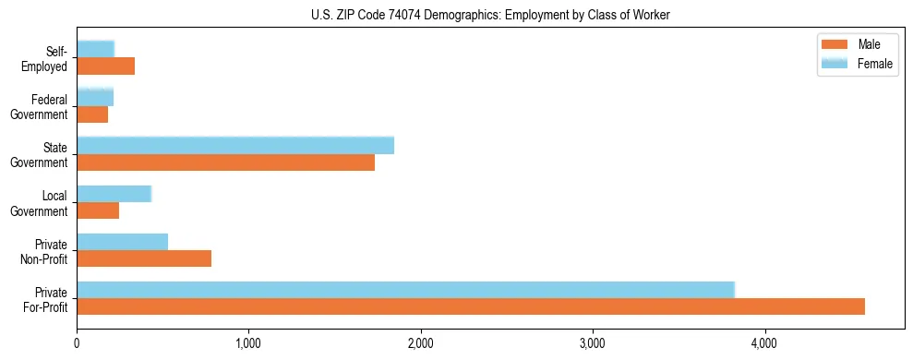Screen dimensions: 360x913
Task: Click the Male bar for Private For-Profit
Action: [471, 306]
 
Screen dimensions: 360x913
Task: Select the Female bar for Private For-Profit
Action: [405, 290]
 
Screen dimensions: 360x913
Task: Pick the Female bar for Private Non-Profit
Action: [123, 242]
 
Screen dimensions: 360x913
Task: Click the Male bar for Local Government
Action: [98, 210]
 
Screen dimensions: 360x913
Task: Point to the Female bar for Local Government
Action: [114, 194]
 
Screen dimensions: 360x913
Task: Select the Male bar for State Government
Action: [226, 162]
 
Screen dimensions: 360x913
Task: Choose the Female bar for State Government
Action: [235, 146]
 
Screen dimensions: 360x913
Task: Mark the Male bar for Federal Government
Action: [92, 114]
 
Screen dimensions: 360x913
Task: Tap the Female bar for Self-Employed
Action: [96, 50]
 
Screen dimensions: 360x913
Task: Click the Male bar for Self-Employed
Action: [106, 66]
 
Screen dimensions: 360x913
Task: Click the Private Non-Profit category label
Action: [45, 251]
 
